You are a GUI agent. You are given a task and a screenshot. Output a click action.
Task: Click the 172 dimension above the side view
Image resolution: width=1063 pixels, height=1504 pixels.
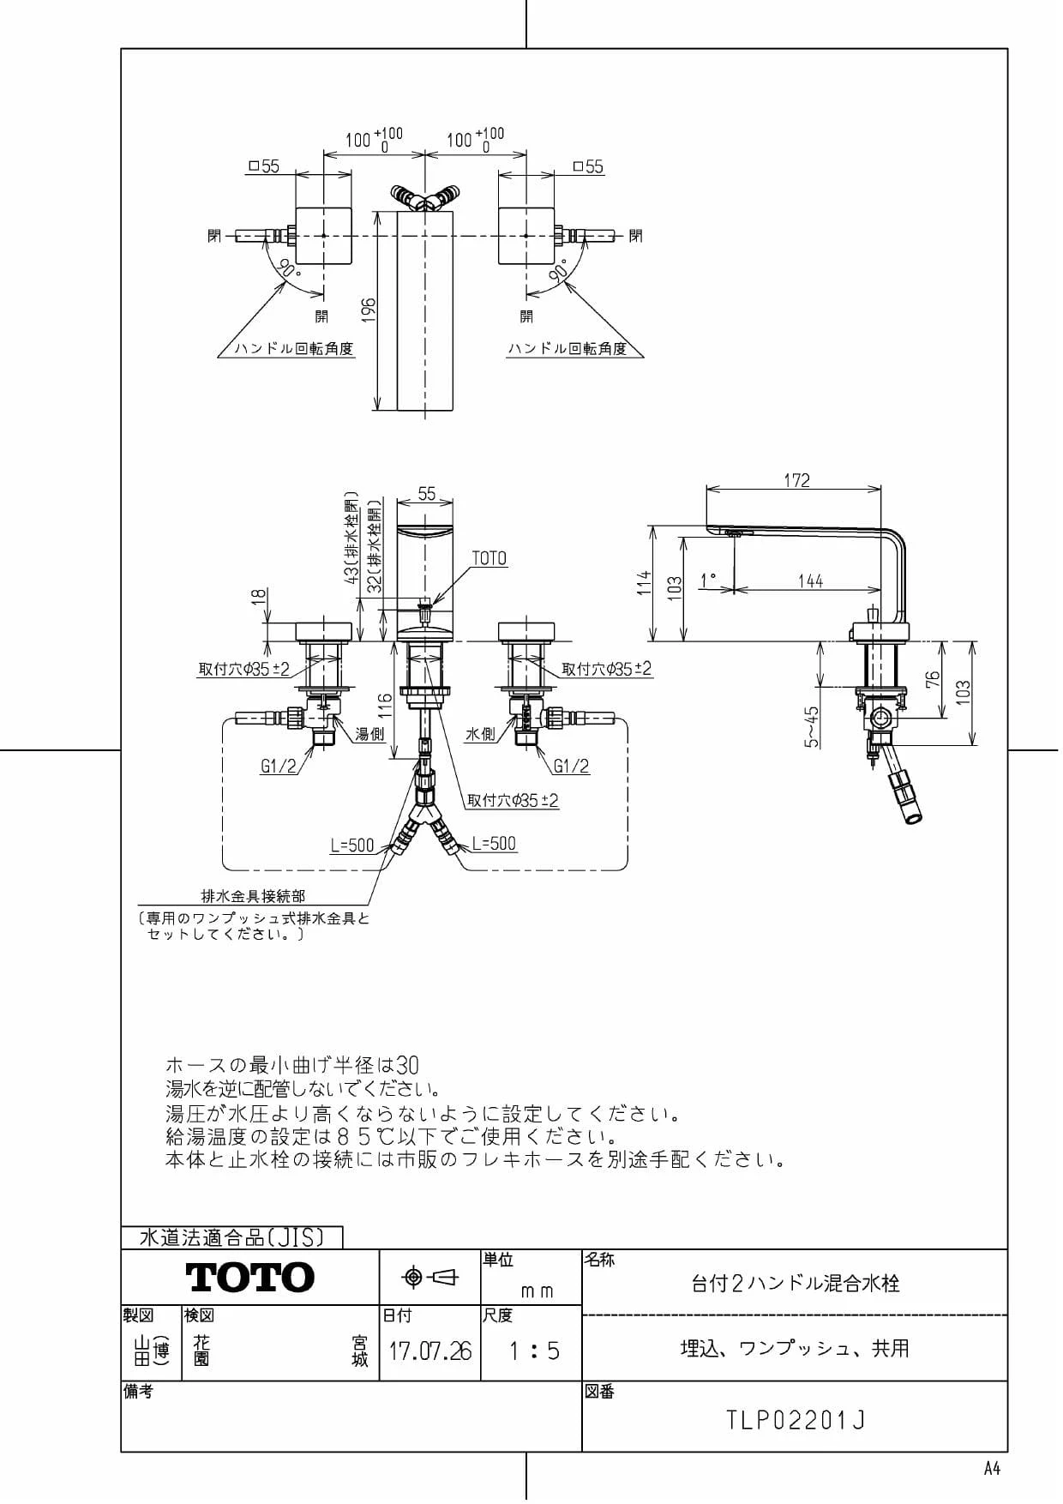coord(796,480)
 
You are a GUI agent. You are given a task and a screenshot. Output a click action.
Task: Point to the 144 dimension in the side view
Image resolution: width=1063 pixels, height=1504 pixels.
coord(810,581)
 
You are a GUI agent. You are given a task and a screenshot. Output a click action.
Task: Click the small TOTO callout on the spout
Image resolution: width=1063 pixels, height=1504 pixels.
coord(489,558)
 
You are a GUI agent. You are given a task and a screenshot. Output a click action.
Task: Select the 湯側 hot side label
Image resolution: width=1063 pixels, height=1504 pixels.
coord(370,734)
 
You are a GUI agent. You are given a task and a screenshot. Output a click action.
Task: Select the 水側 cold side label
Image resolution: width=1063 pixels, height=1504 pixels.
coord(480,734)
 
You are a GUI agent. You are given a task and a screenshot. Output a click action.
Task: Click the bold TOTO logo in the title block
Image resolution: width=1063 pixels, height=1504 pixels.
coord(250,1278)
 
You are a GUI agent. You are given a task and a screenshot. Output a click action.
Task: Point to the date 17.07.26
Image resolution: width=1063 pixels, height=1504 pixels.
coord(430,1352)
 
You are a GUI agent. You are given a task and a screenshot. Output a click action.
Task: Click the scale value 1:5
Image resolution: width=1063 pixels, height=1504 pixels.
coord(533,1352)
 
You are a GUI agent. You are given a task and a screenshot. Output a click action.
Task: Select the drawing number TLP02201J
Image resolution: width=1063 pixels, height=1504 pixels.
coord(796,1421)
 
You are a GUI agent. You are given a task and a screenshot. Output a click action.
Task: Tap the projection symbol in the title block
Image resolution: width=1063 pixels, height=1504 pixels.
coord(430,1278)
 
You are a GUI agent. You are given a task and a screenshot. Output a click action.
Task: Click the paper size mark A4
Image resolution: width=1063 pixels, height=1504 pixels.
coord(992,1469)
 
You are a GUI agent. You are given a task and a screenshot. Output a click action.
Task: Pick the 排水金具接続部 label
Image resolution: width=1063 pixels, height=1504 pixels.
coord(253,896)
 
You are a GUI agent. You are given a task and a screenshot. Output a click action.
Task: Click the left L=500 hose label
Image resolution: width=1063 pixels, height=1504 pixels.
coord(352,845)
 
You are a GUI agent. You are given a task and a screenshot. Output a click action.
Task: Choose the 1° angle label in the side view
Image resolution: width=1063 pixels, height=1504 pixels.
coord(707,581)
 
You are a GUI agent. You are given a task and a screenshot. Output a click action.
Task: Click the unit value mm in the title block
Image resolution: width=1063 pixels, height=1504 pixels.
coord(537,1291)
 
